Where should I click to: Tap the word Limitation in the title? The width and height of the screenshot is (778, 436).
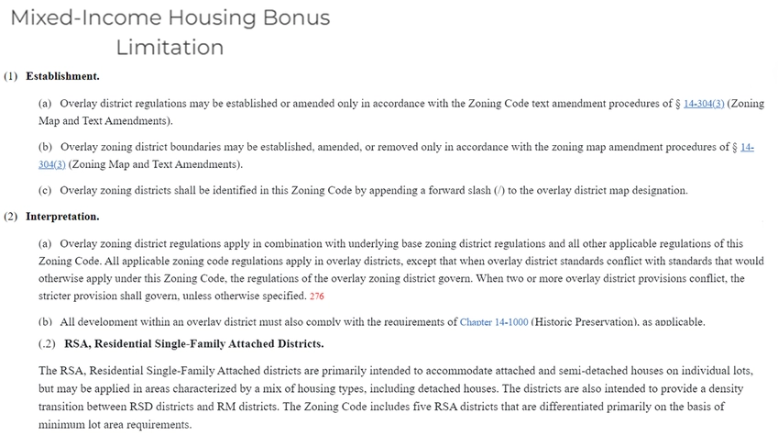[x=170, y=47]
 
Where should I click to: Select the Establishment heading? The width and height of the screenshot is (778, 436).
[x=62, y=76]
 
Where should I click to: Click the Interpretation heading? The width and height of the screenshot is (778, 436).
[x=62, y=217]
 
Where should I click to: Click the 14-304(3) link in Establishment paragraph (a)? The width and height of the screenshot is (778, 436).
[x=704, y=104]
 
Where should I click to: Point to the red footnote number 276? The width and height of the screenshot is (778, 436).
[x=317, y=296]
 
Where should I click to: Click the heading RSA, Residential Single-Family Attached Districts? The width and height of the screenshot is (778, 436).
[x=193, y=344]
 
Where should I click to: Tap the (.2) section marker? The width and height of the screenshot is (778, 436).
[x=48, y=344]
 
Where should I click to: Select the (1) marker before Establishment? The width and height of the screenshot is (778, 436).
[x=11, y=76]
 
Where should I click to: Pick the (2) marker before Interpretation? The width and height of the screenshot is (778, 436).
[x=11, y=217]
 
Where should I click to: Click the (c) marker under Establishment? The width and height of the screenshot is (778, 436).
[x=45, y=191]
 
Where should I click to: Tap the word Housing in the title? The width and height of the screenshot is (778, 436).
[x=203, y=17]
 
